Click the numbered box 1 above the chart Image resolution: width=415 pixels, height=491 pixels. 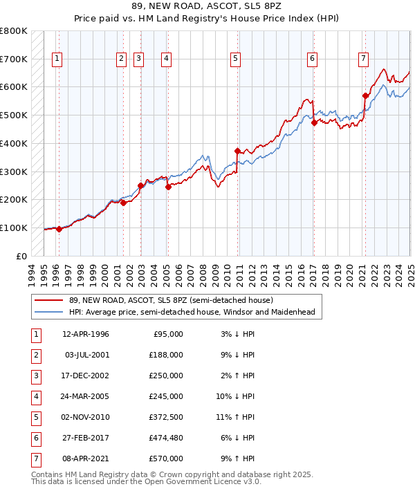[56, 59]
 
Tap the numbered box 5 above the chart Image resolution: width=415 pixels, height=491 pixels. [236, 59]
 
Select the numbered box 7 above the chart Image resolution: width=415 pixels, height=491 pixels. [363, 59]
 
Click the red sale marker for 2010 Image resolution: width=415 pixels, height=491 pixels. [237, 151]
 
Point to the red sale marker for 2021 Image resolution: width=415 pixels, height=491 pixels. [365, 95]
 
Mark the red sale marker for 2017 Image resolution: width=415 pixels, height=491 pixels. [314, 122]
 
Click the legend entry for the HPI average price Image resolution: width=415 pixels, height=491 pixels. [192, 312]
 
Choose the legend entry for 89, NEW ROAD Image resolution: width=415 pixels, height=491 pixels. [171, 300]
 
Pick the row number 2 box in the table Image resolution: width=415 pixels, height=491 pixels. [35, 355]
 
